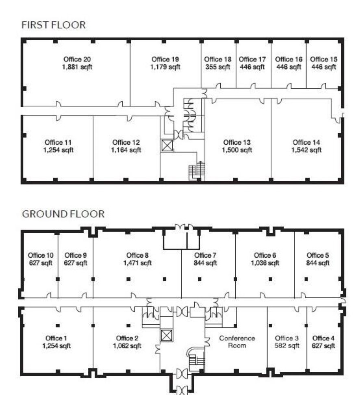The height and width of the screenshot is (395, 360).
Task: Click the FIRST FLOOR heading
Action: [x=53, y=25]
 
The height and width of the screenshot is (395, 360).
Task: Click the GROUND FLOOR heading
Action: [x=63, y=214]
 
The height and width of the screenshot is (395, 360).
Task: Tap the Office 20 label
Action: [x=77, y=59]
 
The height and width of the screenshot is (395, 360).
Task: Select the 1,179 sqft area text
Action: [x=165, y=67]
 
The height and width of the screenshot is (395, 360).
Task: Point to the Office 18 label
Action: [x=218, y=59]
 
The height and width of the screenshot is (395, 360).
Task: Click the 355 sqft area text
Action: [x=218, y=67]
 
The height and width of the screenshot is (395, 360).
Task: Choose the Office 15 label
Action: [x=323, y=59]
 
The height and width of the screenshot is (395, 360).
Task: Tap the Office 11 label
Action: [x=58, y=142]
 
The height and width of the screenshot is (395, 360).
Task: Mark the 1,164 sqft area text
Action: [x=126, y=150]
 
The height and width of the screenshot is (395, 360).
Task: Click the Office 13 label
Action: [x=237, y=142]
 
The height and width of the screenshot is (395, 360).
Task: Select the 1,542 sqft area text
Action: [x=306, y=150]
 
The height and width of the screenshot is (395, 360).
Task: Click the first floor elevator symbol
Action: [x=167, y=145]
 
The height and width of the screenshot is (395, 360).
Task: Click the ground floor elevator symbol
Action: [x=167, y=335]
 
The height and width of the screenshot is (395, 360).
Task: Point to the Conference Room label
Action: [x=237, y=342]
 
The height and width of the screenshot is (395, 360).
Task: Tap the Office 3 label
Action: [x=287, y=338]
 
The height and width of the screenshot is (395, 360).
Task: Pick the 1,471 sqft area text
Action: [x=137, y=263]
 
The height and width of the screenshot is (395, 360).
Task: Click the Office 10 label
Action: [x=41, y=255]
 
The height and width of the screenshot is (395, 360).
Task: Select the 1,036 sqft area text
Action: [x=265, y=263]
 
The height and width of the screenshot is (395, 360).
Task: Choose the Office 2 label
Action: [x=127, y=338]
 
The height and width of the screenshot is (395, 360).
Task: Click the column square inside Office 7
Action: [x=200, y=279]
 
